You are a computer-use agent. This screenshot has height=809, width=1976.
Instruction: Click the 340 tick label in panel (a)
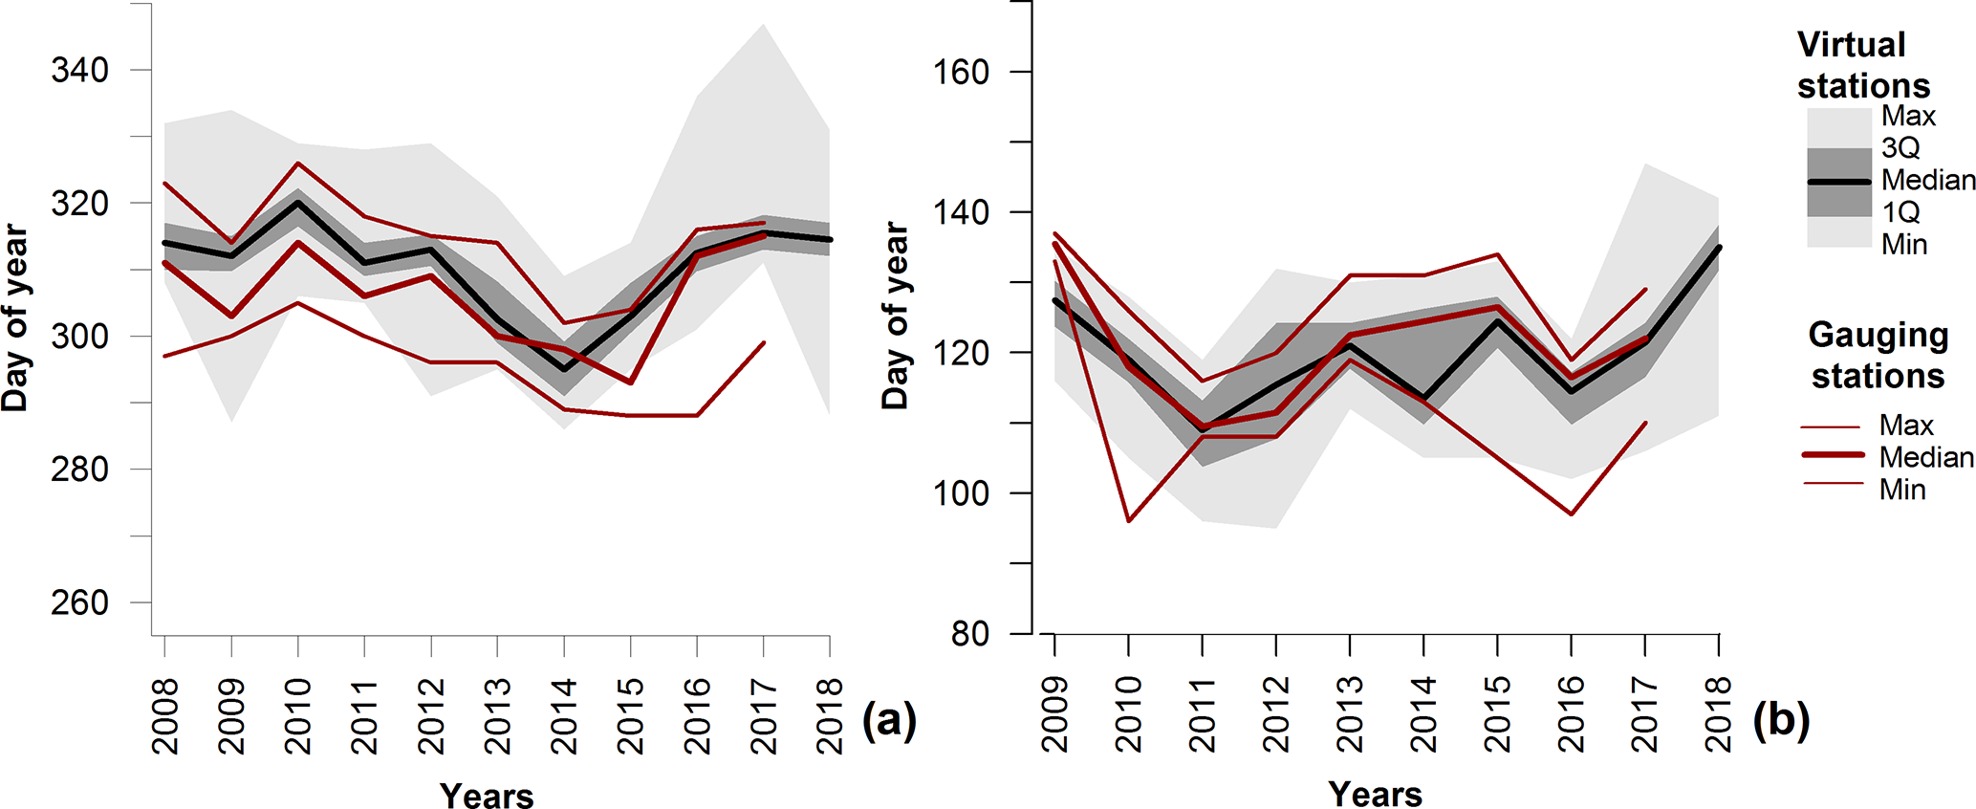[79, 70]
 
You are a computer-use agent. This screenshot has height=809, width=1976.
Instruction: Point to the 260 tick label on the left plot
[79, 602]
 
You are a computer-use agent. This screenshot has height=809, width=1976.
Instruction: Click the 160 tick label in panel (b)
[961, 73]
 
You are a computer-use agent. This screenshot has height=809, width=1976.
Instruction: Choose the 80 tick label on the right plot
[970, 633]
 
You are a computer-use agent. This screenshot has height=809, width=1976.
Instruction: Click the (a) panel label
[889, 719]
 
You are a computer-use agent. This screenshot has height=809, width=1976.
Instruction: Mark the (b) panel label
[1781, 719]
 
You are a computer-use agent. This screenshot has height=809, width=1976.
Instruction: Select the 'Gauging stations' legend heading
[1878, 355]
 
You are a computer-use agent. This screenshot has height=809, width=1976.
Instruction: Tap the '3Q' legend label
[1900, 148]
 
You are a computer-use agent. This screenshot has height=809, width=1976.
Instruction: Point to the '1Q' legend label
[1900, 212]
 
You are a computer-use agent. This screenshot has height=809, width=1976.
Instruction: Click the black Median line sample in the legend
[1838, 181]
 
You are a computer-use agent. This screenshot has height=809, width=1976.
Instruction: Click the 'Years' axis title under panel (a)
[487, 795]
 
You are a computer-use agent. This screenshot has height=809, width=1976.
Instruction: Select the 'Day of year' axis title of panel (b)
[895, 316]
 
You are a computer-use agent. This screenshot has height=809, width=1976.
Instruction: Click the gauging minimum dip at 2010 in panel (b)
[1128, 521]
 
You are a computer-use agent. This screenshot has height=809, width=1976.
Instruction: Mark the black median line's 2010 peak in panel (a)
[297, 203]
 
